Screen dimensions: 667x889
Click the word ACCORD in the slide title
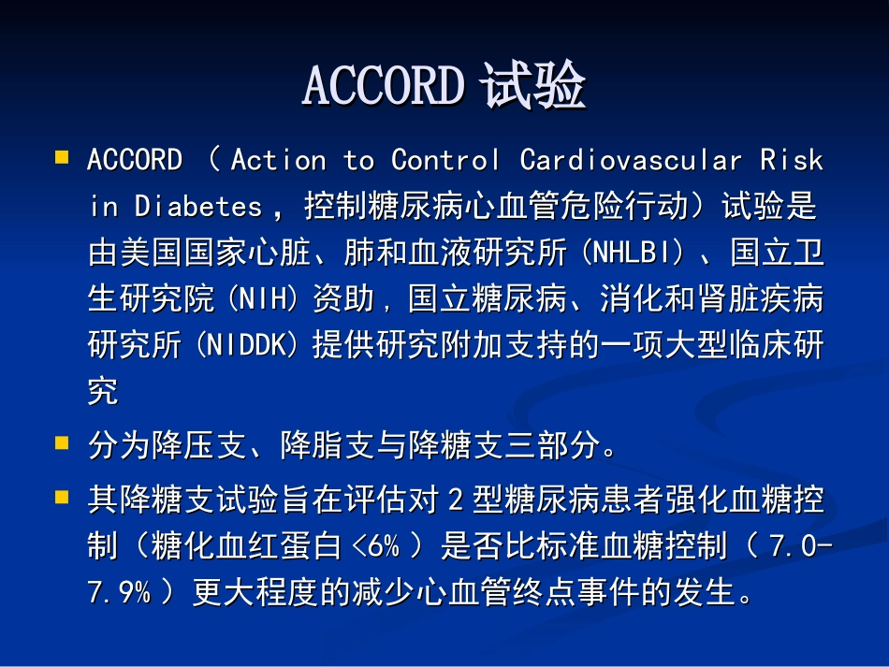tap(383, 87)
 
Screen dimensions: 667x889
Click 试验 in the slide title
tap(532, 87)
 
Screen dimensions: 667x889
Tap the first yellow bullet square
tap(62, 157)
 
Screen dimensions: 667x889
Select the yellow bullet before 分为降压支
tap(62, 442)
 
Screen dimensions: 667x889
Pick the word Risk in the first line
tap(792, 160)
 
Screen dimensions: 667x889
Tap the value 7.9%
tap(119, 593)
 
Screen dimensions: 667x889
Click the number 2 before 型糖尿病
tap(457, 500)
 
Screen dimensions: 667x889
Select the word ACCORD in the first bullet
tap(135, 160)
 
